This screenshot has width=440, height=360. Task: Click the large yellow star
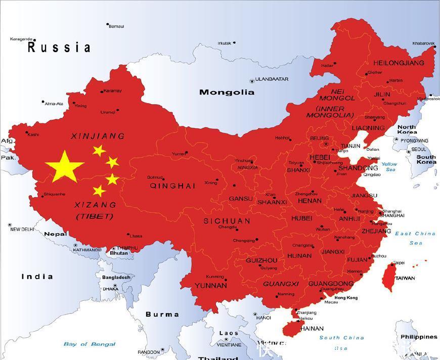pyautogui.click(x=64, y=166)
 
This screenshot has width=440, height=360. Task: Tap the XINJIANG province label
pyautogui.click(x=98, y=136)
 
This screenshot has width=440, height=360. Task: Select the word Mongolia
pyautogui.click(x=227, y=92)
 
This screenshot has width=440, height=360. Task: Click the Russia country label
pyautogui.click(x=59, y=48)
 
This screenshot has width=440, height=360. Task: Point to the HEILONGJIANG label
pyautogui.click(x=399, y=63)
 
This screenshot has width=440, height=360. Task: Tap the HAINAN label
pyautogui.click(x=312, y=328)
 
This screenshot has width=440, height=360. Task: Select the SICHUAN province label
pyautogui.click(x=227, y=221)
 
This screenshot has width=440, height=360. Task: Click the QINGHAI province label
pyautogui.click(x=172, y=186)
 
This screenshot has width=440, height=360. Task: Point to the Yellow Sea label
pyautogui.click(x=389, y=167)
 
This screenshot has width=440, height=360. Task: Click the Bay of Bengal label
pyautogui.click(x=90, y=344)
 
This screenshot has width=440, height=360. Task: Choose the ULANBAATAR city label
pyautogui.click(x=272, y=79)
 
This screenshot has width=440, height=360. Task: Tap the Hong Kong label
pyautogui.click(x=345, y=298)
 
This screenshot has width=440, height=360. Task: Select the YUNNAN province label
pyautogui.click(x=210, y=285)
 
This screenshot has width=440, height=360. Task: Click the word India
pyautogui.click(x=37, y=276)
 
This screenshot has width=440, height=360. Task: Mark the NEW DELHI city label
pyautogui.click(x=22, y=229)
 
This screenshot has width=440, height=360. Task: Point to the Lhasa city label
pyautogui.click(x=136, y=236)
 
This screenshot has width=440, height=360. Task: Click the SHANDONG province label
pyautogui.click(x=358, y=168)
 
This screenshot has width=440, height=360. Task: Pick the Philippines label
pyautogui.click(x=419, y=337)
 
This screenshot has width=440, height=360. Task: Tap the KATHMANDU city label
pyautogui.click(x=87, y=250)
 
